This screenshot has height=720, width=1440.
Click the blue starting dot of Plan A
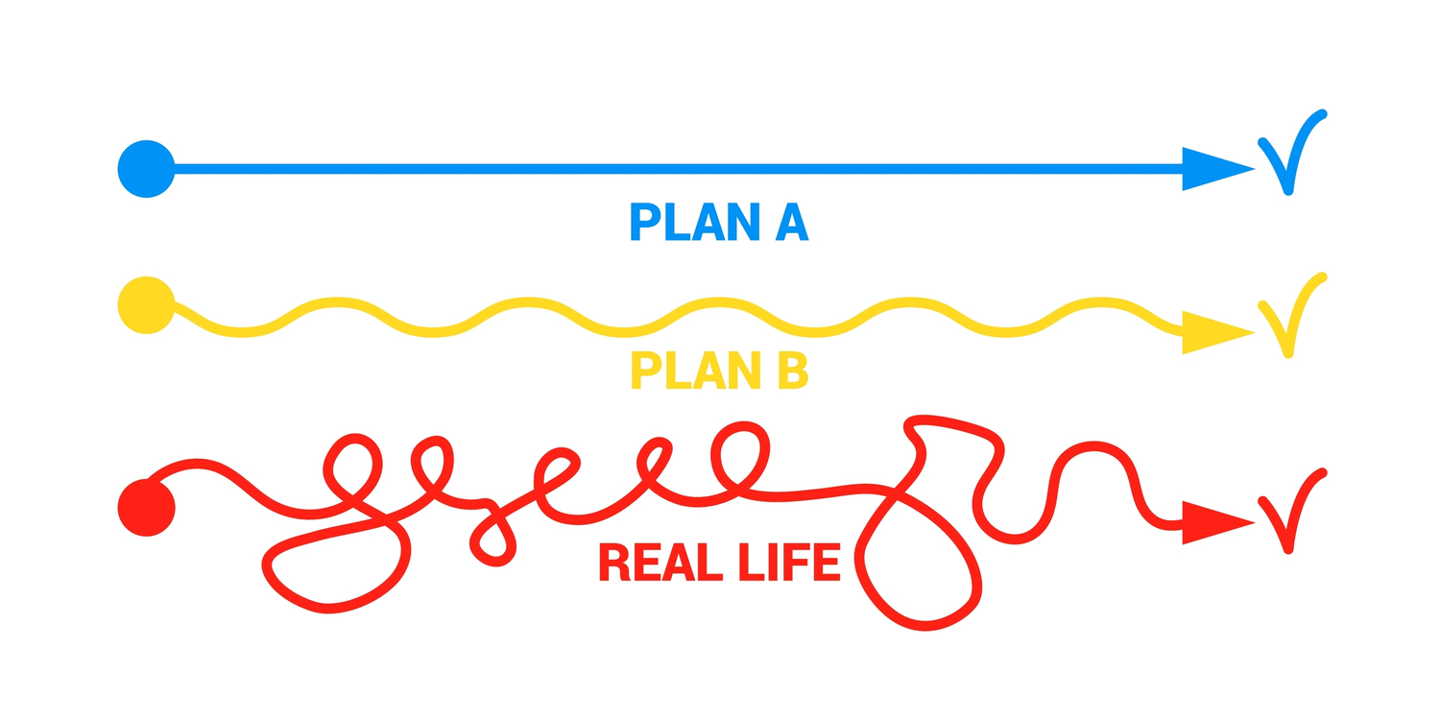coord(146,169)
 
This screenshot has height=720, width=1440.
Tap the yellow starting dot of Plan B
coord(146,305)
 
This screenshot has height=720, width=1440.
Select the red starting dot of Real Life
coord(146,507)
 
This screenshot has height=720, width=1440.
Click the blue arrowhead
coord(1212,169)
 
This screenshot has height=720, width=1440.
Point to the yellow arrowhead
coord(1212,333)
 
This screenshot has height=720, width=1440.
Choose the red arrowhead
coord(1212,523)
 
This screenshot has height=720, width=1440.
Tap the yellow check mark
coord(1291,318)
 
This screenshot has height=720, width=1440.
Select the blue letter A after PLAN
coord(790,222)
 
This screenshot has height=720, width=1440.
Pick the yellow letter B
coord(792,370)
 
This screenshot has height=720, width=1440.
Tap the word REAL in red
coord(660,562)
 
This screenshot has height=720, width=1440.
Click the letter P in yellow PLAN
coord(645,370)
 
